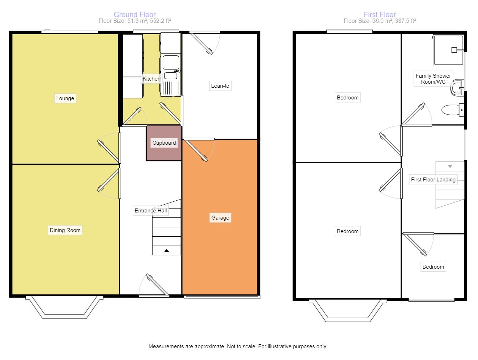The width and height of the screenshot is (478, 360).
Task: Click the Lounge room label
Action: click(x=65, y=98)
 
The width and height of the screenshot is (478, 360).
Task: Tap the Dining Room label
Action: click(x=65, y=230)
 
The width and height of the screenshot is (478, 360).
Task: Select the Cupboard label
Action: click(x=164, y=143)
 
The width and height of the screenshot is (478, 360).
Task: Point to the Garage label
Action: click(x=220, y=218)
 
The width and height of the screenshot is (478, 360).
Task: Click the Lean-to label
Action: click(x=220, y=86)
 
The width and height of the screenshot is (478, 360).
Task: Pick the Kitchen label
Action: click(x=152, y=79)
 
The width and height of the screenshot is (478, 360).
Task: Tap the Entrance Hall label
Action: click(x=151, y=211)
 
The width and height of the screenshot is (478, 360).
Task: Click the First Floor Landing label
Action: click(x=433, y=179)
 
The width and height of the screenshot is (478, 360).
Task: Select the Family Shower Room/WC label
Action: click(x=433, y=79)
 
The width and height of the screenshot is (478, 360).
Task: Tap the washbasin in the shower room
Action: click(x=457, y=88)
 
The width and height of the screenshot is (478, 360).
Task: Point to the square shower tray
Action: click(x=448, y=50)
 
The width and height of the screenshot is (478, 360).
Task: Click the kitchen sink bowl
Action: click(x=171, y=62)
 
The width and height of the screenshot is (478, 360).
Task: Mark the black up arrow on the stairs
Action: click(x=167, y=250)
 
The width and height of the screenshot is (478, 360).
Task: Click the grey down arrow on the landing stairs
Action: click(x=450, y=166)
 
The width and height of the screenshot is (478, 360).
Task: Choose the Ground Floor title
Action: click(x=134, y=15)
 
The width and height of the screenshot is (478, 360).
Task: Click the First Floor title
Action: click(x=380, y=15)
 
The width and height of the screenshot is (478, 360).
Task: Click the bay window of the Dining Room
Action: click(x=65, y=307)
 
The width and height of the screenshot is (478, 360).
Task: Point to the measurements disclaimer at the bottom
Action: click(x=238, y=346)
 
